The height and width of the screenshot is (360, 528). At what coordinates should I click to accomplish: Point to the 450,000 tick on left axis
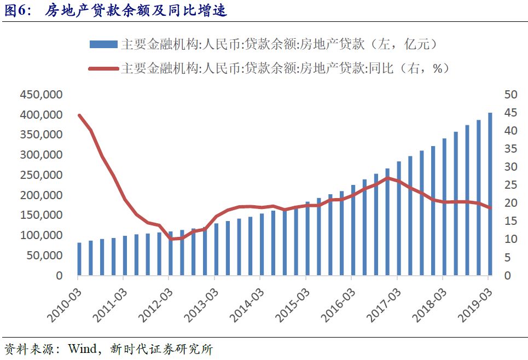pyautogui.click(x=41, y=95)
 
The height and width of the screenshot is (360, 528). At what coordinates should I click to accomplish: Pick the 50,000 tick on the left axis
pyautogui.click(x=44, y=256)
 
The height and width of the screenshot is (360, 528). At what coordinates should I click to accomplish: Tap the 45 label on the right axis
pyautogui.click(x=510, y=113)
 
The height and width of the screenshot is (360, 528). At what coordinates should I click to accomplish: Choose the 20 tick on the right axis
pyautogui.click(x=510, y=203)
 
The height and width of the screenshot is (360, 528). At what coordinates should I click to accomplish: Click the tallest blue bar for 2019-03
pyautogui.click(x=490, y=194)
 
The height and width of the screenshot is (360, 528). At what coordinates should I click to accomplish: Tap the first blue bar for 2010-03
pyautogui.click(x=79, y=259)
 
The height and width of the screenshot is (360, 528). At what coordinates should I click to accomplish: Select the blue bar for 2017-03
pyautogui.click(x=399, y=218)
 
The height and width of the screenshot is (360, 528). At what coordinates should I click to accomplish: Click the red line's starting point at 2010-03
pyautogui.click(x=79, y=115)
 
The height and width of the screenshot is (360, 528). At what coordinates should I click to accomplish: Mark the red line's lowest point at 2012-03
pyautogui.click(x=171, y=239)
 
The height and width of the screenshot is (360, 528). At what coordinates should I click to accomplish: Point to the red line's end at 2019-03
pyautogui.click(x=490, y=207)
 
